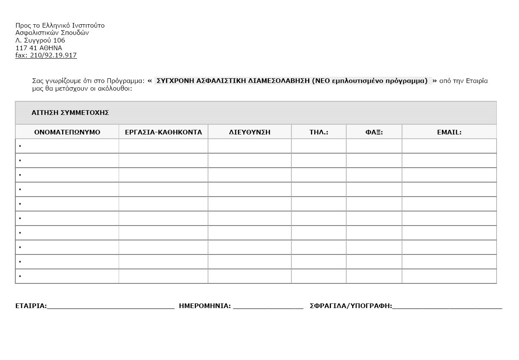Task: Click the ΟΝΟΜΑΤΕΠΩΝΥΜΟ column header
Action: (67, 132)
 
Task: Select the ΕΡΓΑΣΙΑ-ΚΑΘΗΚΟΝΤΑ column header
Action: (163, 132)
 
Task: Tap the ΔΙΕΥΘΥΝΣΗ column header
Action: (250, 132)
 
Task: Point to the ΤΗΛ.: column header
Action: (319, 132)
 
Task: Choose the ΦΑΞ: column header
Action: (374, 132)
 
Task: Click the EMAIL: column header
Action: (449, 132)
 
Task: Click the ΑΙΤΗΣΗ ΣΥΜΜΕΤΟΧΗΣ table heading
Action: (70, 113)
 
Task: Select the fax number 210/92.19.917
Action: (53, 55)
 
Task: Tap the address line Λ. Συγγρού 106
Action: (40, 40)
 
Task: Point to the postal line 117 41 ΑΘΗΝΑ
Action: (39, 48)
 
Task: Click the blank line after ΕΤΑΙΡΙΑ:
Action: (111, 306)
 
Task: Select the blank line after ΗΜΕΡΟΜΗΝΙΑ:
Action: (268, 306)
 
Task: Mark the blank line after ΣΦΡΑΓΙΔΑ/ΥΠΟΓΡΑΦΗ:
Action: (447, 306)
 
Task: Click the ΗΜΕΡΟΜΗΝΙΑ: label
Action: (205, 306)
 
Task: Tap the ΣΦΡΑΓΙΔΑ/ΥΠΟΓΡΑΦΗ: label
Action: (351, 306)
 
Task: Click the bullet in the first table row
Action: (20, 146)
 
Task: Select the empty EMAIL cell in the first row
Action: (449, 146)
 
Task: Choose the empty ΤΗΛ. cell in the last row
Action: (319, 276)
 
